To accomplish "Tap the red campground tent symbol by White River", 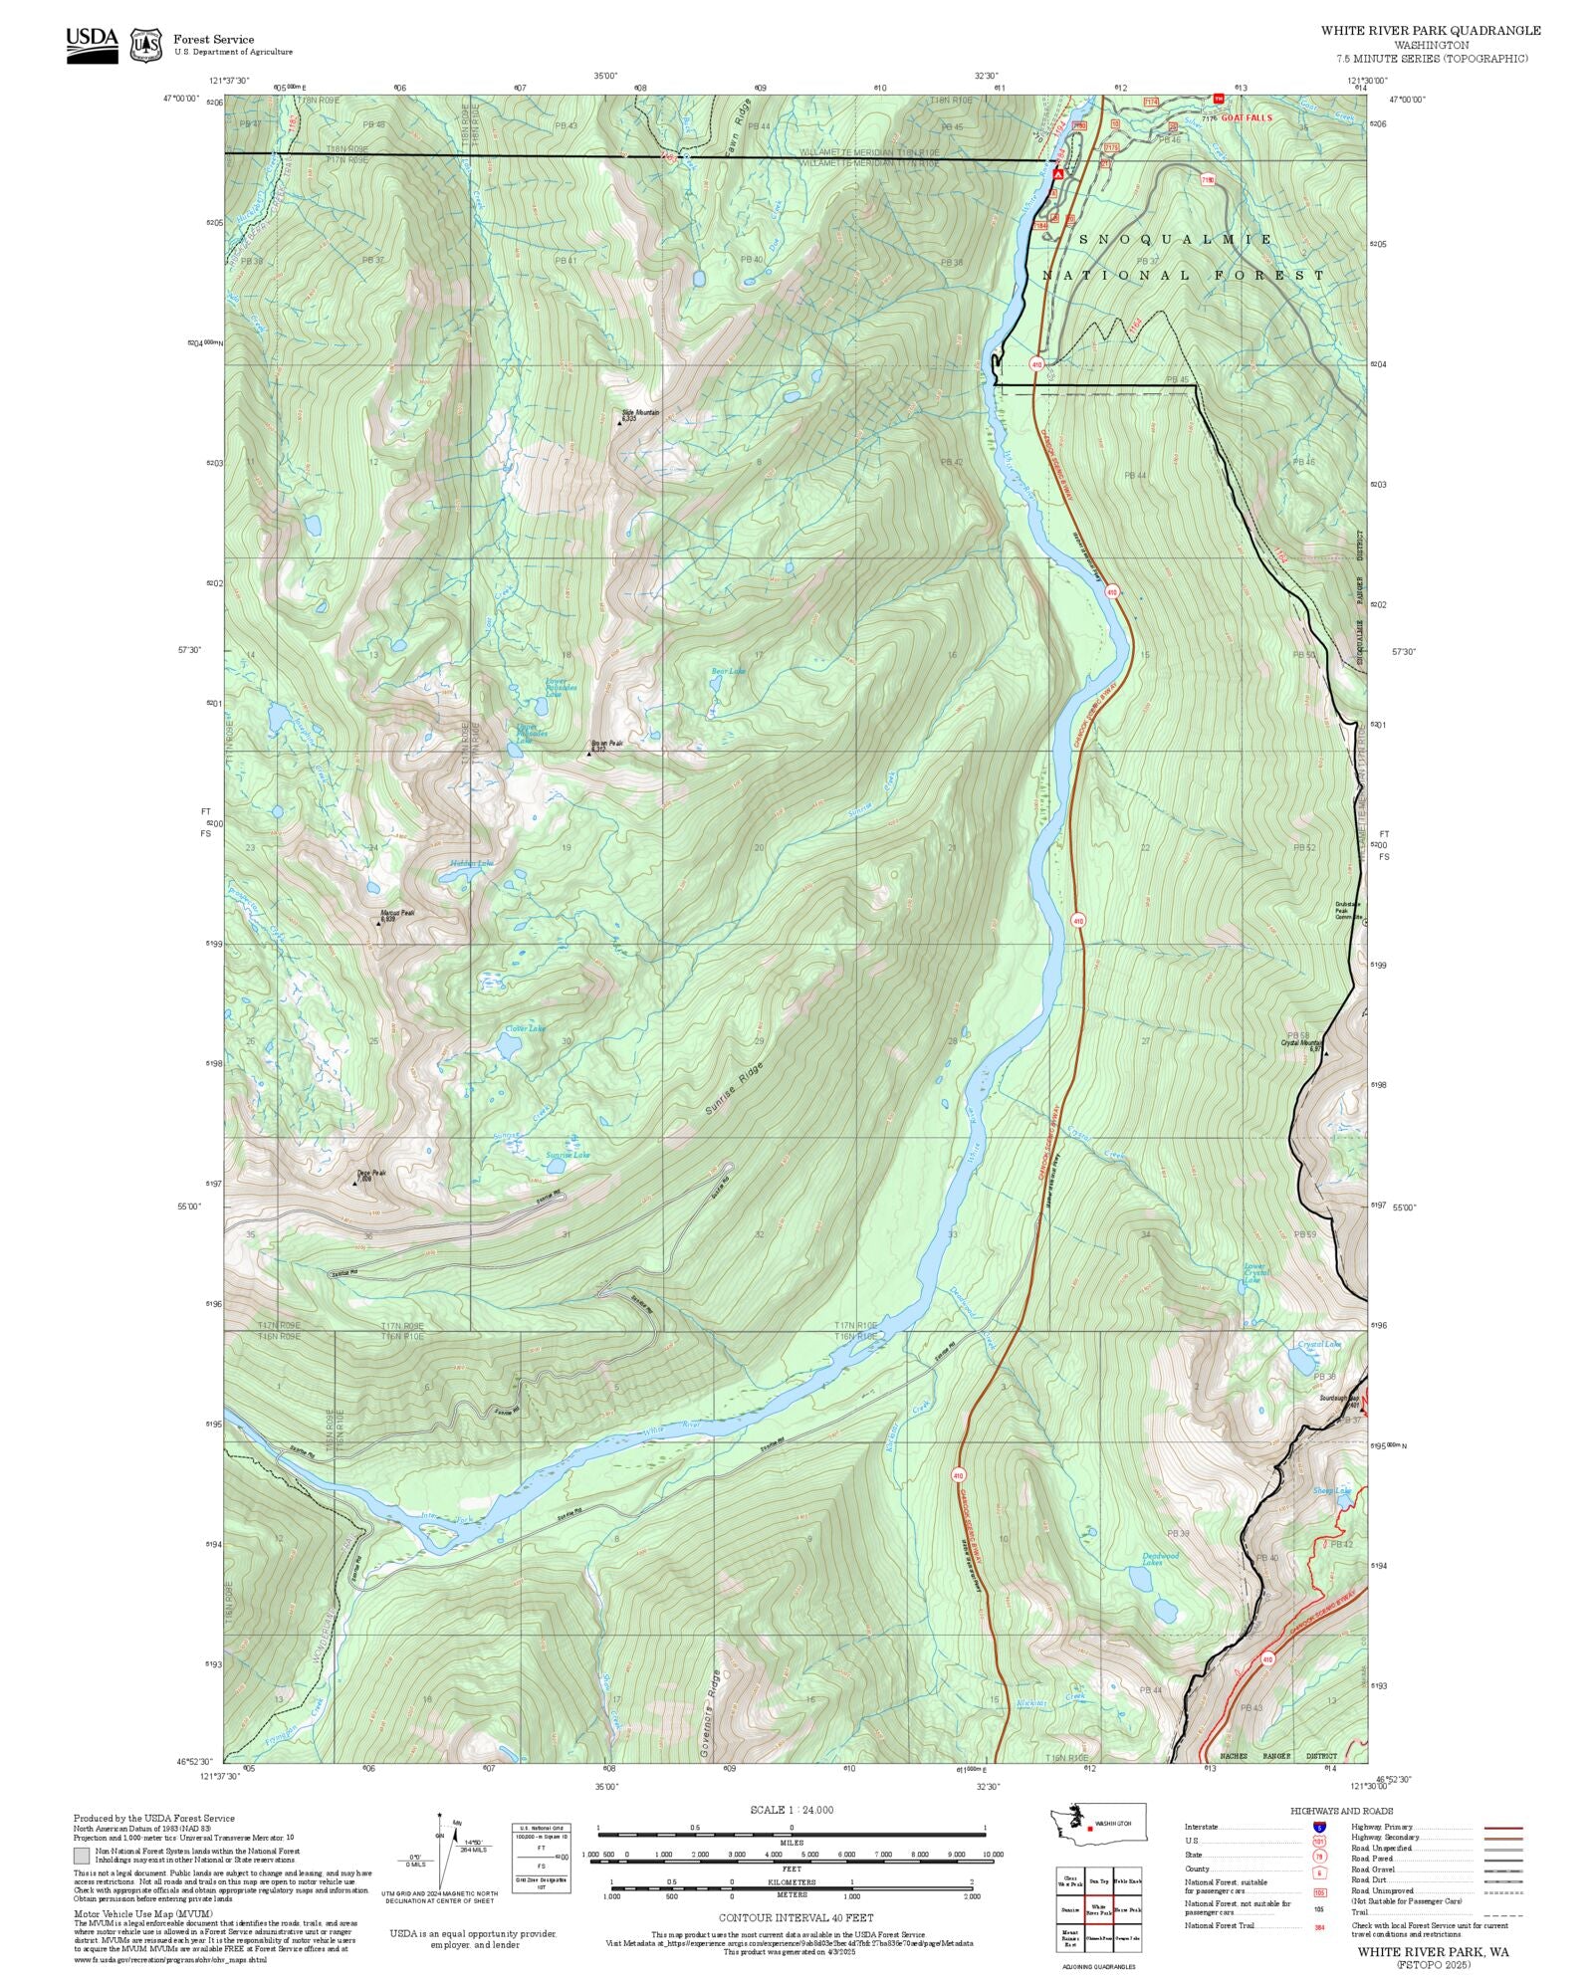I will point(1058,174).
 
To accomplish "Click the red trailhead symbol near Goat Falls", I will point(1218,99).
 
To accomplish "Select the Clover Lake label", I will point(525,1028).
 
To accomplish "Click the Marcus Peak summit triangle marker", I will point(378,923).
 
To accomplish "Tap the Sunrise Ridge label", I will point(735,1087).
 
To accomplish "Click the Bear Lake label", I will point(728,671).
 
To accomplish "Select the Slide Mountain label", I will point(640,412).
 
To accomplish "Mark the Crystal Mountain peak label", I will point(1302,1043).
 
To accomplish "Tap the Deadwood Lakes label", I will point(1160,1558).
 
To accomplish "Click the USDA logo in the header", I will point(92,45).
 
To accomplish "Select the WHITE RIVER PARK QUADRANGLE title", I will point(1430,30).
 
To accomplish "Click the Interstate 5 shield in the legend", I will point(1319,1828).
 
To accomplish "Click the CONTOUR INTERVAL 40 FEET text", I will point(796,1917).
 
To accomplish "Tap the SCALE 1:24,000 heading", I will point(792,1810).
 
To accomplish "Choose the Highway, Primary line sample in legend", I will point(1503,1828).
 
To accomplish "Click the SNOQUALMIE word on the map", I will point(1176,240).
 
